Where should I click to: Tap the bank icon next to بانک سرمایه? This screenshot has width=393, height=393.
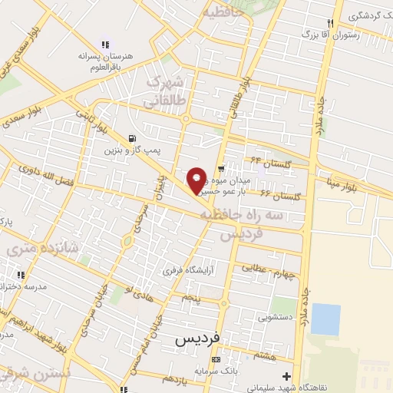point(216,359)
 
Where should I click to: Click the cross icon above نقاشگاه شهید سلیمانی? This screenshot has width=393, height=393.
point(286,376)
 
